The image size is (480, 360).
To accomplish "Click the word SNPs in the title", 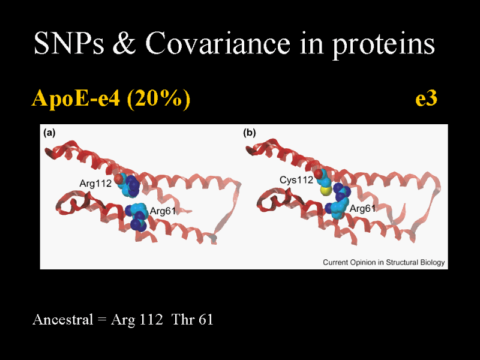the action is tap(69, 43).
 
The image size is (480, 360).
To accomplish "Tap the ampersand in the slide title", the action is tap(124, 43).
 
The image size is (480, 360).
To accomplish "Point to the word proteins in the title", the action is tap(383, 46).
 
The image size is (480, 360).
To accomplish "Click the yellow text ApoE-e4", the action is tap(76, 99).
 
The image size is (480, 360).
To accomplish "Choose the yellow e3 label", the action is tap(426, 99).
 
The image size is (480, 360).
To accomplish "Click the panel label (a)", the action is tap(49, 133).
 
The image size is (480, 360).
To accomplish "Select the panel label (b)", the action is tap(249, 133).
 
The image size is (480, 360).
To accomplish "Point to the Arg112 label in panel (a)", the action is tap(95, 184).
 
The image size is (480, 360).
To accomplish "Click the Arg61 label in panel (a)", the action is tap(163, 211).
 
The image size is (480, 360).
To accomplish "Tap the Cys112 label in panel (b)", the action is tap(296, 180).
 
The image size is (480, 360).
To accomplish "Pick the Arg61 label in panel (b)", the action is tap(362, 209).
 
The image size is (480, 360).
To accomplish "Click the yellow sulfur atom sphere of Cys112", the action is tap(325, 191).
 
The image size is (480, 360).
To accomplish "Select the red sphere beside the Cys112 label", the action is tap(319, 173).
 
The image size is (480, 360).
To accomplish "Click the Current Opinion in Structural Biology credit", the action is tap(384, 262).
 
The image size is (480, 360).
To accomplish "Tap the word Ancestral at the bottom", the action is tap(63, 320).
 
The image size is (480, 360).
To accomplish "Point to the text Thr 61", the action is tap(192, 320).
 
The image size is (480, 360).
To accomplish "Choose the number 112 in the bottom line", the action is tap(151, 320).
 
